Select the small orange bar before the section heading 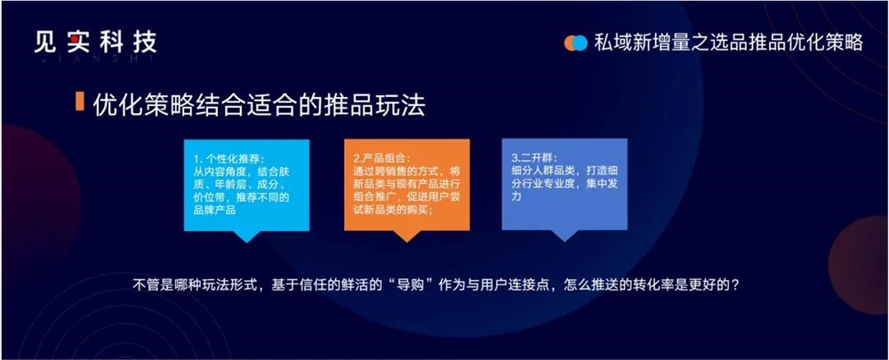tap(80, 102)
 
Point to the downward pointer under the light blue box tap(246, 236)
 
